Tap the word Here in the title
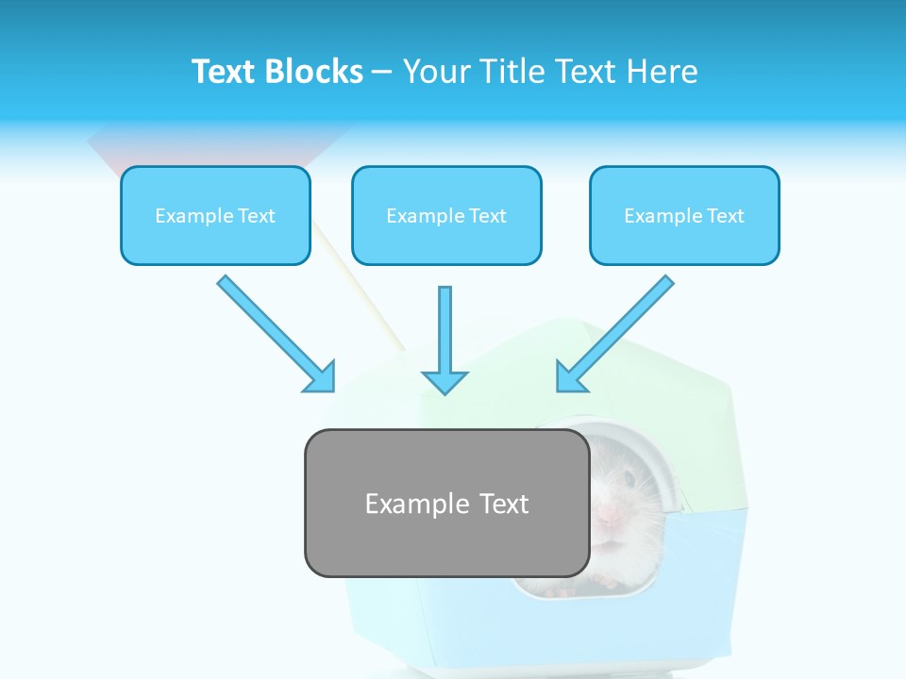point(663,72)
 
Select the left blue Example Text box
point(215,216)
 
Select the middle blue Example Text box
point(446,216)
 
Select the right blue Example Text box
point(684,216)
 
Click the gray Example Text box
point(446,504)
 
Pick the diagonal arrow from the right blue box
point(618,332)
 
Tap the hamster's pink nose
point(610,514)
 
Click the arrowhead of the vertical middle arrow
point(445,382)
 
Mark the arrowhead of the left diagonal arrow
point(321,378)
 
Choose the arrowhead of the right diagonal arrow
point(570,378)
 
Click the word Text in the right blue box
point(725,216)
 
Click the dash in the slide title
point(382,72)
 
